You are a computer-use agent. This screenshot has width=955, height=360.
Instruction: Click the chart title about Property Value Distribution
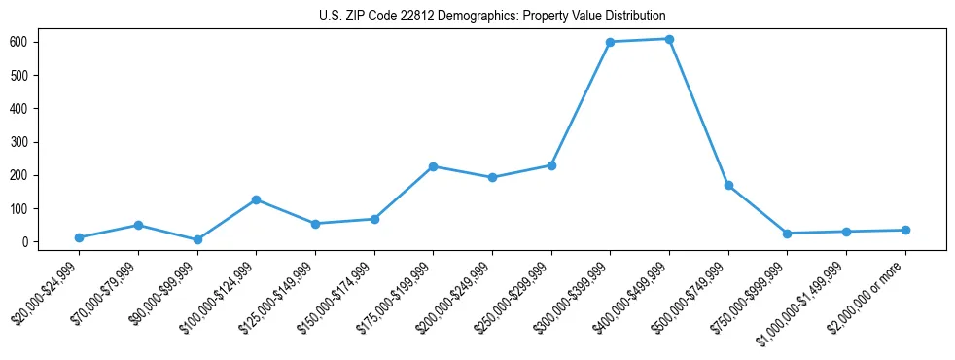pyautogui.click(x=492, y=16)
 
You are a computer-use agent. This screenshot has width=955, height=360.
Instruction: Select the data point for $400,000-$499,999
pyautogui.click(x=669, y=39)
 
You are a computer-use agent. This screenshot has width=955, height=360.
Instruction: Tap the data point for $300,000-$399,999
pyautogui.click(x=610, y=42)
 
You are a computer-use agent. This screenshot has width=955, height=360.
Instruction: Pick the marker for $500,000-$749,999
pyautogui.click(x=728, y=185)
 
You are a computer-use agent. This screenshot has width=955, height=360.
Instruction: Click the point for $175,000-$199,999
pyautogui.click(x=433, y=166)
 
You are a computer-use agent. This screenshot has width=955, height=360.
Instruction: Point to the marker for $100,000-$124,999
pyautogui.click(x=256, y=199)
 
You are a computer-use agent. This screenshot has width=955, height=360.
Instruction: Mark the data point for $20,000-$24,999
pyautogui.click(x=79, y=237)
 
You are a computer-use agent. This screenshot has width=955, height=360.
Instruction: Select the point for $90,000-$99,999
pyautogui.click(x=197, y=239)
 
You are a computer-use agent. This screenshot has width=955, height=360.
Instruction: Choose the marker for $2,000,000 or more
pyautogui.click(x=905, y=230)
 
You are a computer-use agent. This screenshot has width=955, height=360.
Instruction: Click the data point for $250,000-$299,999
pyautogui.click(x=551, y=165)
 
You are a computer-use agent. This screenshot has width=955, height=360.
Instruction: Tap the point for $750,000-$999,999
pyautogui.click(x=787, y=234)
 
